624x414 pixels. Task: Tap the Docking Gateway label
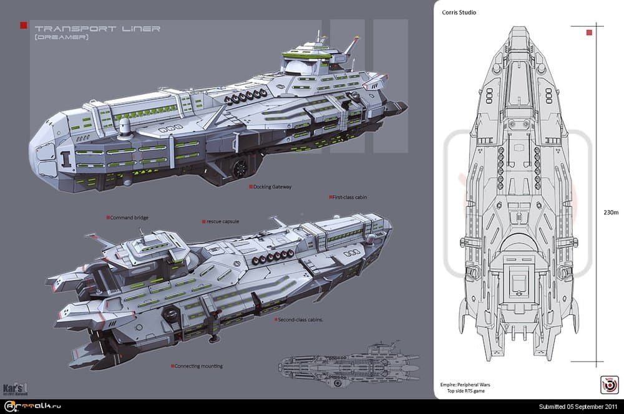point(272,186)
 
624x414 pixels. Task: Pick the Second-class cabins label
point(300,319)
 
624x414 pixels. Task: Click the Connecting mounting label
point(198,366)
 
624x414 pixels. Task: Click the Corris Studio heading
point(459,12)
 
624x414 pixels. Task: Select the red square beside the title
point(24,25)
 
